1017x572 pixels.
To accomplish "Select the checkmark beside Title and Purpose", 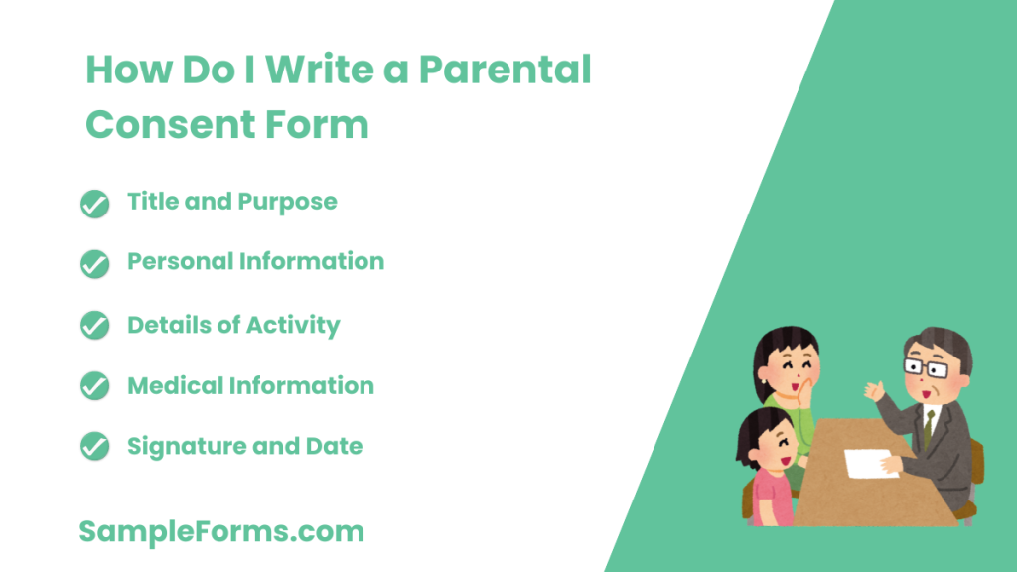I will pos(94,204).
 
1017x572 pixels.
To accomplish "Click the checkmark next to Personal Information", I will pos(94,264).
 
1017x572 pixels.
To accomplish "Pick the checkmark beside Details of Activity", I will pos(94,326).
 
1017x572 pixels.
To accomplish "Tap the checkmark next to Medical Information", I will pos(94,386).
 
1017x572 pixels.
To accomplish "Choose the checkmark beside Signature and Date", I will pos(94,448).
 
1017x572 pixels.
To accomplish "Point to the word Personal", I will pos(180,262).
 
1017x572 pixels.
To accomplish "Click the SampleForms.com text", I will pos(221,532).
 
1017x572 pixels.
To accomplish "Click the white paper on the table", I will pos(871,462).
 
